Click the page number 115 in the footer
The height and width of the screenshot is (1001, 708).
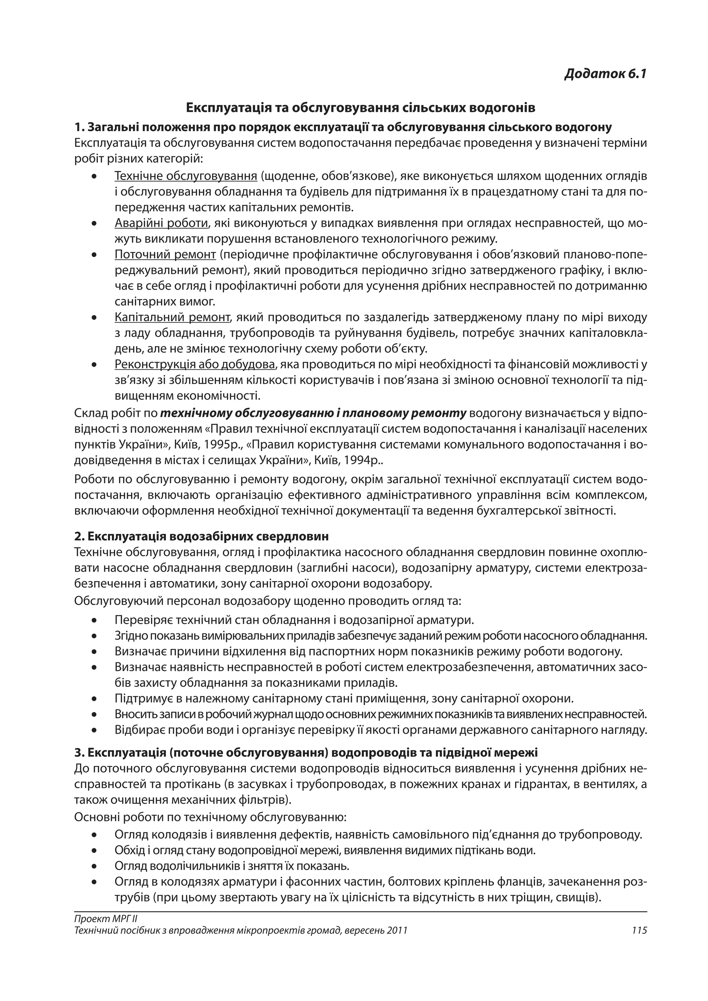(639, 930)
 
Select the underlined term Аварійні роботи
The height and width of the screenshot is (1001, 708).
(161, 223)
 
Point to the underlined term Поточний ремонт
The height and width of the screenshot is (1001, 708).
(165, 255)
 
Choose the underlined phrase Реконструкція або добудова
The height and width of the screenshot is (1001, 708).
(195, 364)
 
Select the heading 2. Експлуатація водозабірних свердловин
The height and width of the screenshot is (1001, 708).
(202, 536)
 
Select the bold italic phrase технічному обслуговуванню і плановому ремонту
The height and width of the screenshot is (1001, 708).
(314, 413)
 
